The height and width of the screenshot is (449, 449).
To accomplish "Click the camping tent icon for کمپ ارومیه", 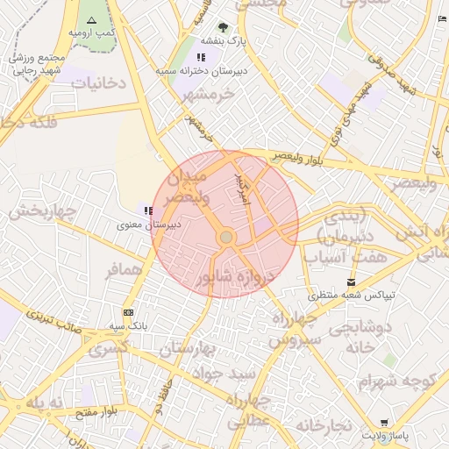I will click(x=92, y=19).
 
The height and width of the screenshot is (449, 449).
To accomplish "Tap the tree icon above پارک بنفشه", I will click(x=223, y=26).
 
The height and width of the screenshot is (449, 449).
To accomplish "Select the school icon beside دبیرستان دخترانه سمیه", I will click(x=202, y=57).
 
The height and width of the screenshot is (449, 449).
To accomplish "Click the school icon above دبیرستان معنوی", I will click(x=148, y=210).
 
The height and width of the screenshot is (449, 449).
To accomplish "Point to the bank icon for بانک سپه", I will click(x=129, y=312).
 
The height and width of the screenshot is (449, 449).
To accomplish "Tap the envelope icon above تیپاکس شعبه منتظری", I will click(x=352, y=282).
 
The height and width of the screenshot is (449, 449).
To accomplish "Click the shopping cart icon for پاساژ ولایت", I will click(x=383, y=422).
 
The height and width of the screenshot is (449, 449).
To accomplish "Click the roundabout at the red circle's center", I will click(x=225, y=238).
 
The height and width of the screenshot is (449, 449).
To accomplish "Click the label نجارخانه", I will click(x=323, y=425).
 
